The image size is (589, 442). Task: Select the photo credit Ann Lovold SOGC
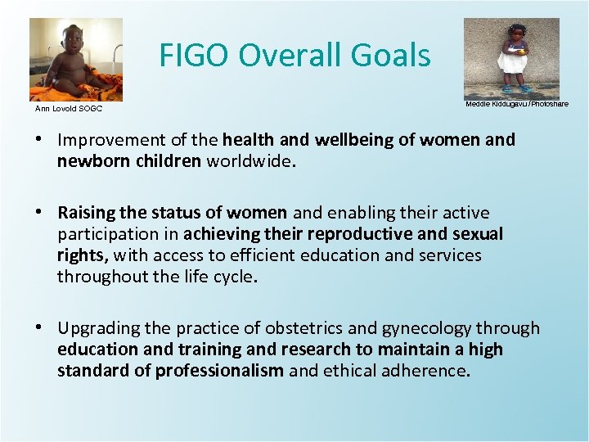coord(68,108)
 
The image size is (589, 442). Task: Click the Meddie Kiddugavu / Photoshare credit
coord(516,104)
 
